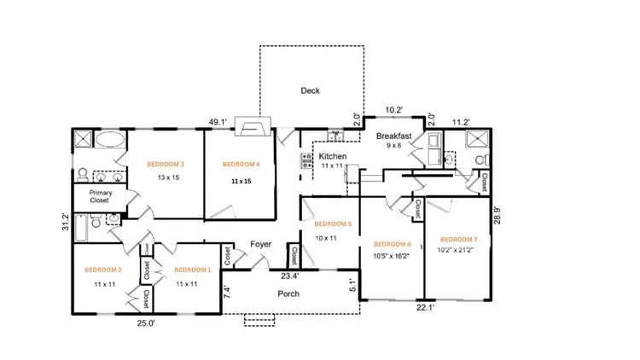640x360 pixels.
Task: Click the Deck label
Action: (x=310, y=90)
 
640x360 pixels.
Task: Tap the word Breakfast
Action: (x=394, y=136)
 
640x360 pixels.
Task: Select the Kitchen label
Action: (x=332, y=157)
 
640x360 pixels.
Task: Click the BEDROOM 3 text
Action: (x=166, y=164)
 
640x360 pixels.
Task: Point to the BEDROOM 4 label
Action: (x=241, y=164)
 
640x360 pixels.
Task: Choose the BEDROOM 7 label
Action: (x=459, y=240)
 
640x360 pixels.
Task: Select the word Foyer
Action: (x=260, y=245)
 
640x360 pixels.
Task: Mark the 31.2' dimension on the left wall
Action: (x=65, y=222)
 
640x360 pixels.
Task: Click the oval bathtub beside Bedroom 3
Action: (x=108, y=141)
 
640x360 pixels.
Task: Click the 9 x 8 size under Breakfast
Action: (x=394, y=146)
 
